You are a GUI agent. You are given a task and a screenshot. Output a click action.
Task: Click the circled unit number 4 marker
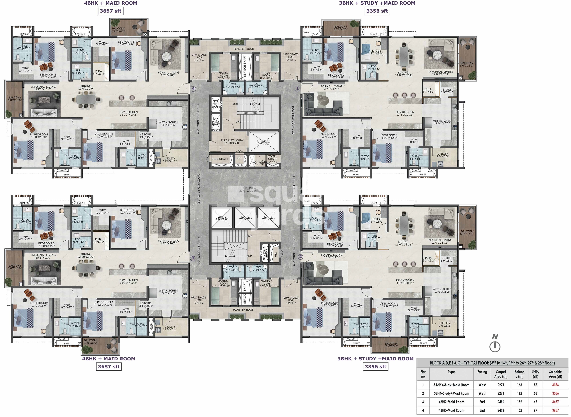click(x=193, y=89)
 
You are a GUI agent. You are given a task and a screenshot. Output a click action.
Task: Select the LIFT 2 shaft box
click(x=245, y=218)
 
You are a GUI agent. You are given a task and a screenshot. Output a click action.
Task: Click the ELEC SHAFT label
click(x=220, y=159)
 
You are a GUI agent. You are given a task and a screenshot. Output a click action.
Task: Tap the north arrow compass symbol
click(x=495, y=346)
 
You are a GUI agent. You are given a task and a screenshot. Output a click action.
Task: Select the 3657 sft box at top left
click(x=110, y=11)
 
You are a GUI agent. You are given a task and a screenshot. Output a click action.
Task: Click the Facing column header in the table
click(x=482, y=372)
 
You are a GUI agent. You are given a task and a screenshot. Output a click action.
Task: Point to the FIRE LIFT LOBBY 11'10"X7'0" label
click(x=232, y=142)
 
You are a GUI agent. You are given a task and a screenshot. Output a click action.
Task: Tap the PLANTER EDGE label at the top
click(x=243, y=49)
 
